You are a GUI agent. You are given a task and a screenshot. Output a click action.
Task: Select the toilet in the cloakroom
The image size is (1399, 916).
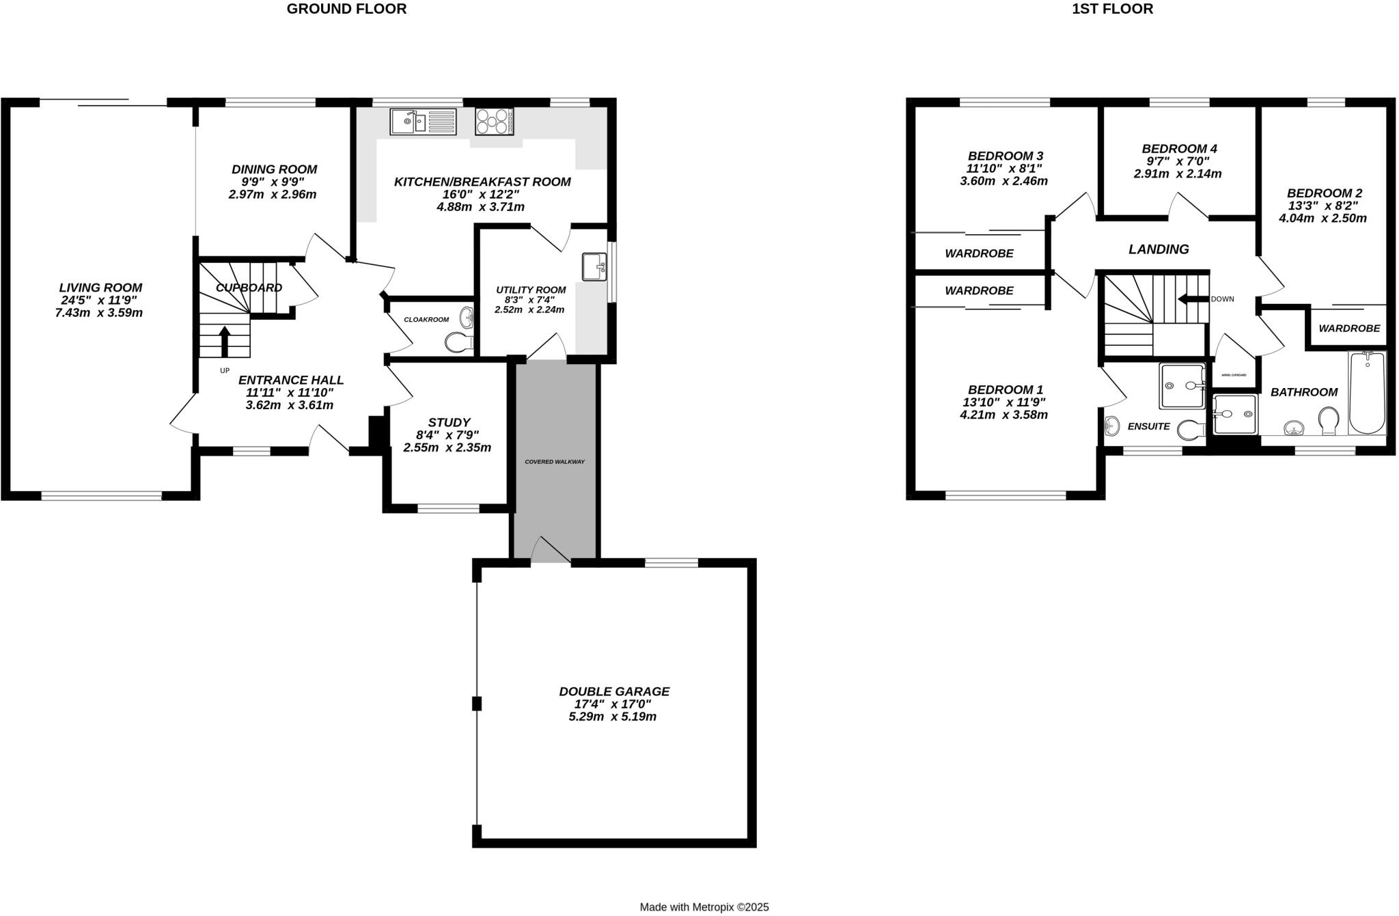[458, 342]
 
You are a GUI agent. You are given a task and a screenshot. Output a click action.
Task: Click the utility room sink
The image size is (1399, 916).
[594, 267]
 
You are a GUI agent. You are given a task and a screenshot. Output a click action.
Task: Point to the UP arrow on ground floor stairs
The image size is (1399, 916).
[224, 340]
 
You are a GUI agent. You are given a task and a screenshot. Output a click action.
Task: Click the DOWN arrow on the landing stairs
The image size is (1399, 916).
[1191, 299]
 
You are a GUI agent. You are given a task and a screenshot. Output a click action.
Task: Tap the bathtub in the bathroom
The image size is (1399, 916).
[1367, 393]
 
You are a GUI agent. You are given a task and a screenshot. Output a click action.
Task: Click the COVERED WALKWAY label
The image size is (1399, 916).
[555, 462]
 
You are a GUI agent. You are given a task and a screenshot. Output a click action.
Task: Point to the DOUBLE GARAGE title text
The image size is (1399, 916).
[614, 691]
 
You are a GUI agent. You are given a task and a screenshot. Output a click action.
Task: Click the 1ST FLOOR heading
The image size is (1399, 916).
[1112, 9]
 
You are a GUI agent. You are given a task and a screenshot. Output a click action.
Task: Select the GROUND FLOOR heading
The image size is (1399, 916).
[346, 9]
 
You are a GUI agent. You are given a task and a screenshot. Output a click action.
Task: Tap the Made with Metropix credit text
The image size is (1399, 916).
[704, 907]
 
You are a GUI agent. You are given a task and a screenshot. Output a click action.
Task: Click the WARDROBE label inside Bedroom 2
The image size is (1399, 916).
[1348, 329]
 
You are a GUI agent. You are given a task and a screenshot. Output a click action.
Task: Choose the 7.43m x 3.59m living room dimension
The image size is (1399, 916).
[98, 313]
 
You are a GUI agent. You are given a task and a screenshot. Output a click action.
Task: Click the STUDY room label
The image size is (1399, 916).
[449, 423]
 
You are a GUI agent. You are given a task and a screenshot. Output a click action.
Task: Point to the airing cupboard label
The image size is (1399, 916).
[1234, 375]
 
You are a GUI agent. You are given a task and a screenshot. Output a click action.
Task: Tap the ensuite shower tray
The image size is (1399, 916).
[1182, 386]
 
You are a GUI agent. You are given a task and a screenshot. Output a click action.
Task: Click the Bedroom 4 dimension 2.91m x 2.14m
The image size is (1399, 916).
[1178, 174]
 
